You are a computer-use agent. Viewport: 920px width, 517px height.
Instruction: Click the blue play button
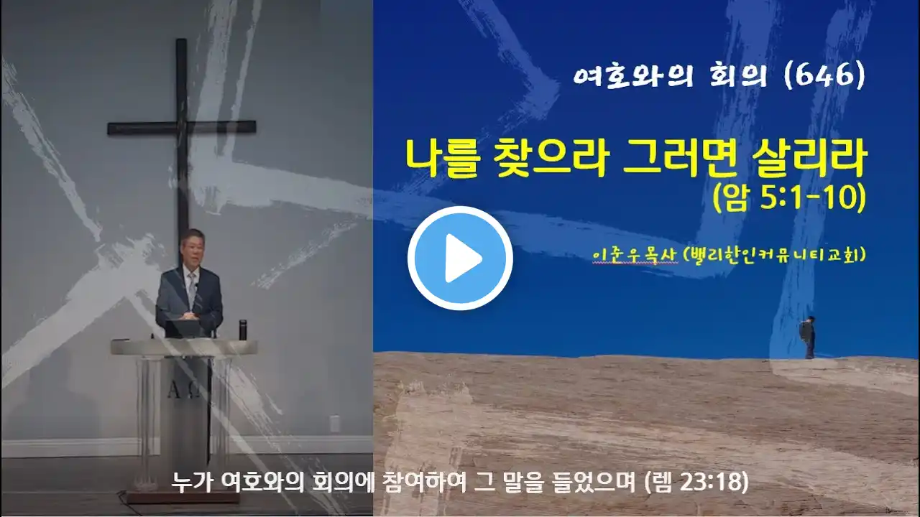(x=460, y=258)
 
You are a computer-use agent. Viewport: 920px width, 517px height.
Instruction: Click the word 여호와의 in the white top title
(x=633, y=76)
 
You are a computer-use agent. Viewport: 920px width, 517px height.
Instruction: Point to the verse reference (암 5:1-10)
(x=789, y=198)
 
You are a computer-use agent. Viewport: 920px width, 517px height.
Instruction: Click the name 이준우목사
(x=634, y=255)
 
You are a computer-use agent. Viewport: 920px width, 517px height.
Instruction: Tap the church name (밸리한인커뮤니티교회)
(x=774, y=254)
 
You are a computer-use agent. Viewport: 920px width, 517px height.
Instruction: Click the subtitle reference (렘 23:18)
(x=696, y=483)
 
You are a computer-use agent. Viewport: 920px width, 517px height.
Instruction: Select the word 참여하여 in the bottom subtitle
(x=424, y=483)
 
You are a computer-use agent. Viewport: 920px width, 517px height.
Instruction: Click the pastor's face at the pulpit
(x=192, y=249)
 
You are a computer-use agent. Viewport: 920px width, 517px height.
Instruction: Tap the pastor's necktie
(x=191, y=289)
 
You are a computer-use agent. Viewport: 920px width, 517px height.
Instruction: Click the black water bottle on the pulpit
(x=243, y=330)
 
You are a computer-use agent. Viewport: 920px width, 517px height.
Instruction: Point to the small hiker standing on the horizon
(x=808, y=337)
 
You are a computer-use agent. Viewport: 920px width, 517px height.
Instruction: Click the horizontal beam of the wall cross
(x=182, y=128)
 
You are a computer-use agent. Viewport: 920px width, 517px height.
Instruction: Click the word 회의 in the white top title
(x=738, y=76)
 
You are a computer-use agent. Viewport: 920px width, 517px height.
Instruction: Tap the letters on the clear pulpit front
(x=184, y=392)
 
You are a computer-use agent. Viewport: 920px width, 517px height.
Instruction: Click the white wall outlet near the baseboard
(x=335, y=424)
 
